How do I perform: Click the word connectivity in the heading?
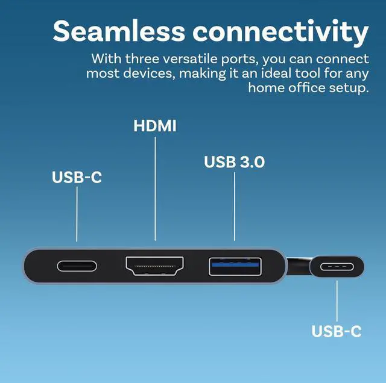tap(280, 31)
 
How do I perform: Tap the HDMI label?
tap(155, 126)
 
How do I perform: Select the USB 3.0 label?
tap(234, 162)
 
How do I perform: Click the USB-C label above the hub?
tap(77, 178)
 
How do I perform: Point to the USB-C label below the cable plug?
tap(337, 331)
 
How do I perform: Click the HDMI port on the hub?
tap(155, 266)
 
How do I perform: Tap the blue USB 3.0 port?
tap(235, 266)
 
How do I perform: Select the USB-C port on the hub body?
tap(77, 266)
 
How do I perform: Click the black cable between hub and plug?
tap(298, 263)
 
